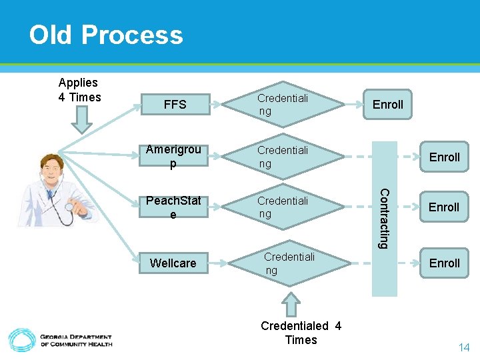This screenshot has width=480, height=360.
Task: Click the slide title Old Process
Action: click(106, 35)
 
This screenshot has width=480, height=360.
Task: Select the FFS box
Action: click(175, 104)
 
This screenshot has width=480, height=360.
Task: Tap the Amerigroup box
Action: click(173, 157)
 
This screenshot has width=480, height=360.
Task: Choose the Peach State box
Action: click(173, 207)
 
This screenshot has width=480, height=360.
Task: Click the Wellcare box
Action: click(173, 263)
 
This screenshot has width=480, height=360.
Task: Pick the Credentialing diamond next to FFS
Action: click(283, 104)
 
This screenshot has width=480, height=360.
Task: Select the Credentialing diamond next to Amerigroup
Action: click(283, 157)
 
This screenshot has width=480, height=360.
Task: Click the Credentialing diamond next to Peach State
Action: click(283, 207)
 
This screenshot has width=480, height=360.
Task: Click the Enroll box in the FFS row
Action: click(387, 105)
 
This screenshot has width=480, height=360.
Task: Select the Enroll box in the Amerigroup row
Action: click(444, 157)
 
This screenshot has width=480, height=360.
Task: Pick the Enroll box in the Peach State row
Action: click(444, 207)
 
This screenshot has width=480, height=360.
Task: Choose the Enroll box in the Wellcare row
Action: click(444, 263)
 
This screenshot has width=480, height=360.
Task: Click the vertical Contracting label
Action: click(384, 219)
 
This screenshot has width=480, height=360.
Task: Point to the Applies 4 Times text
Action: click(79, 90)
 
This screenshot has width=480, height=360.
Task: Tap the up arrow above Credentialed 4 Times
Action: click(292, 303)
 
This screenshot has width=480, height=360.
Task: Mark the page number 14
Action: click(463, 347)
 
